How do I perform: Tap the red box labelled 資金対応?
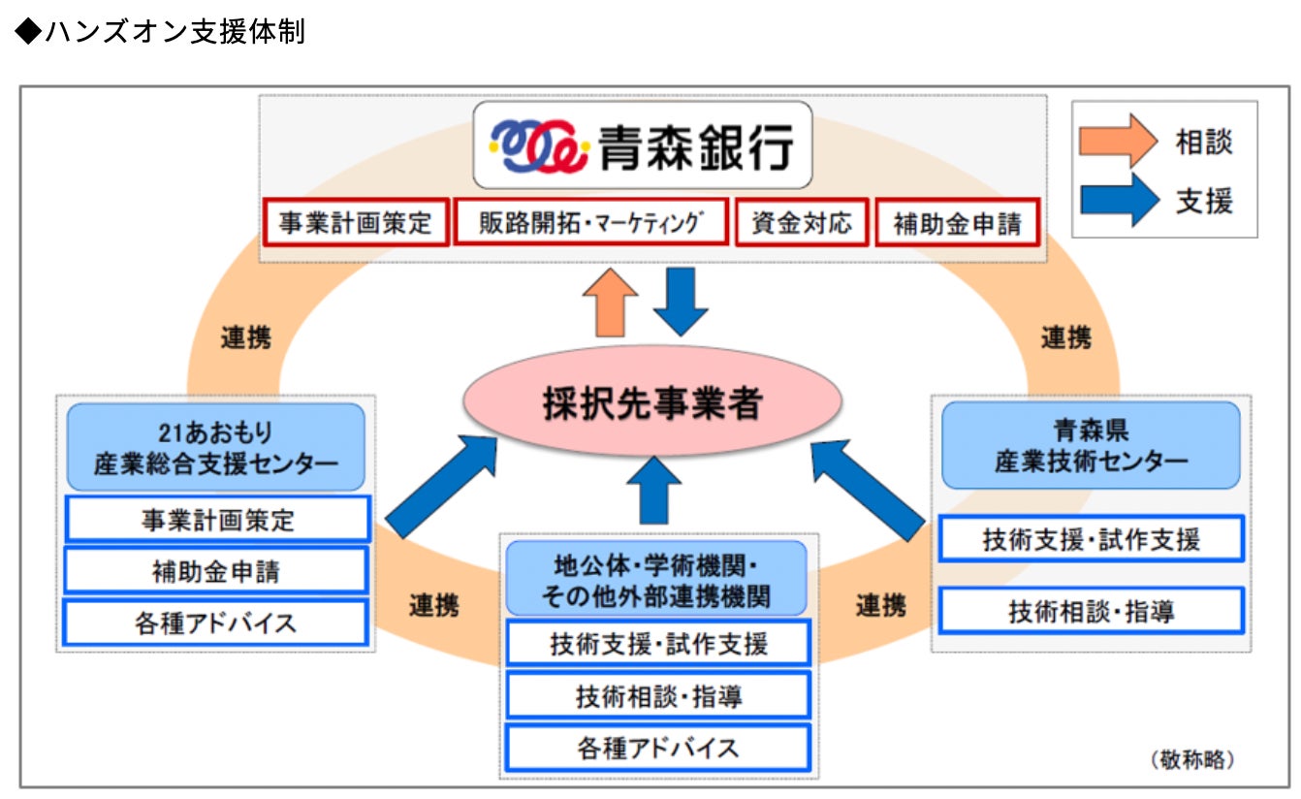pyautogui.click(x=801, y=222)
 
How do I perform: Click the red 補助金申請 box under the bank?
pyautogui.click(x=957, y=223)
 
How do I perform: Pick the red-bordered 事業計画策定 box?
pyautogui.click(x=356, y=223)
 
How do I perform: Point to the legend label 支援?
pyautogui.click(x=1204, y=201)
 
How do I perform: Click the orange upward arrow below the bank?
pyautogui.click(x=609, y=303)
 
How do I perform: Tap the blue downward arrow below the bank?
pyautogui.click(x=682, y=301)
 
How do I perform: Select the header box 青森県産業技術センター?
pyautogui.click(x=1091, y=445)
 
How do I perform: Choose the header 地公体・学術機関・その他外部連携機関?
pyautogui.click(x=656, y=579)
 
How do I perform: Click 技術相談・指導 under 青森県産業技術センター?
pyautogui.click(x=1091, y=612)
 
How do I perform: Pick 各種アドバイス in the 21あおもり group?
pyautogui.click(x=216, y=623)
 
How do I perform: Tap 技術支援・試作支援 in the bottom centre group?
pyautogui.click(x=657, y=643)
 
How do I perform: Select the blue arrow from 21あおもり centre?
pyautogui.click(x=442, y=486)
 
